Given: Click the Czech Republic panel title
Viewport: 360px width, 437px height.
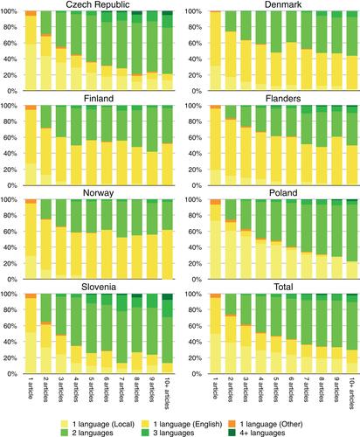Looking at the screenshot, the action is point(98,4).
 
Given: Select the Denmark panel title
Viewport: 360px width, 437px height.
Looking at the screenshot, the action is point(283,4).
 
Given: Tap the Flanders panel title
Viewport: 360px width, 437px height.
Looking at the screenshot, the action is point(283,99).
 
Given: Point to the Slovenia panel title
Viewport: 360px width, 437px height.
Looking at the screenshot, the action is point(99,287).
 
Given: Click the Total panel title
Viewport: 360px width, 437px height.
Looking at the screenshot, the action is point(283,287).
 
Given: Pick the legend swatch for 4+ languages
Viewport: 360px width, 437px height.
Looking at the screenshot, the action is point(232,433).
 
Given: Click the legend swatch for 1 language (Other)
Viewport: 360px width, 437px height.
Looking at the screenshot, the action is point(232,424).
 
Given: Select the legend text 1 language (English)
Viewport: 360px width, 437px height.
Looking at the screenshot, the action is point(188,424).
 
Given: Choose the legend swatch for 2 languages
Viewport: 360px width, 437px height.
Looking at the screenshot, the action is point(64,433).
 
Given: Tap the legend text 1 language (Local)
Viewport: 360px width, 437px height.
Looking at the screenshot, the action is point(103,424).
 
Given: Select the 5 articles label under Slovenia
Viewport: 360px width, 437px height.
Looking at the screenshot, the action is point(91,391).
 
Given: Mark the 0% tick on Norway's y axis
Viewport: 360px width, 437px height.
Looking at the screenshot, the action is point(12,280).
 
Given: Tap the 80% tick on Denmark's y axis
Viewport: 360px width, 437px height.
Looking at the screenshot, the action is point(195,27).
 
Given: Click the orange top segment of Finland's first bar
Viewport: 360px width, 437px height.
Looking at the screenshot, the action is point(31,108).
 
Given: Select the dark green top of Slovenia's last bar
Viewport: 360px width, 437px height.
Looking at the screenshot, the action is point(167,296).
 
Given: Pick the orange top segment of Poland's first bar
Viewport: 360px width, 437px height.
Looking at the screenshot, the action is point(216,202).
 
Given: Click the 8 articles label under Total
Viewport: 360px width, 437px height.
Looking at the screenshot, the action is point(322,391).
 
